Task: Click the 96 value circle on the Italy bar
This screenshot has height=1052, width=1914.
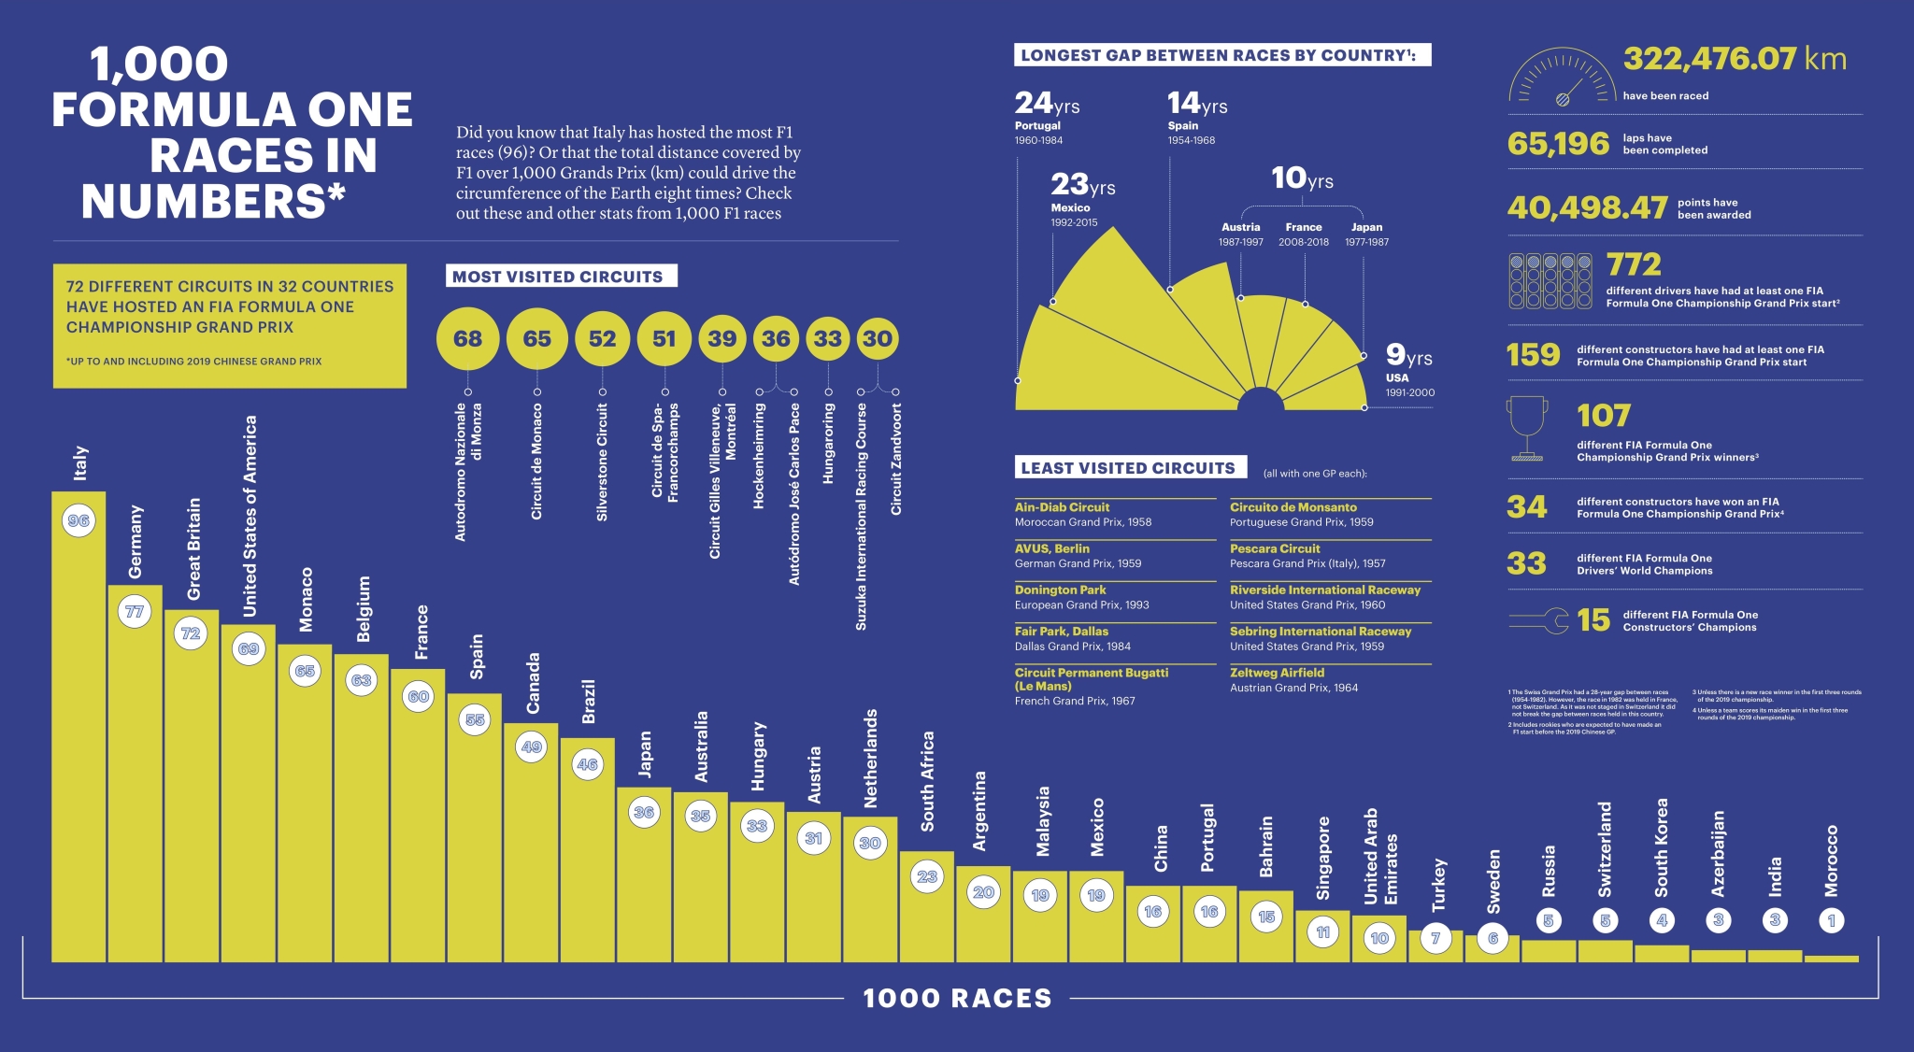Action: [79, 520]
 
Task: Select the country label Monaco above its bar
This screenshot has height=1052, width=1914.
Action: [306, 600]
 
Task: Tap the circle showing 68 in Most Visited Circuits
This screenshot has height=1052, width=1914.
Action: [467, 338]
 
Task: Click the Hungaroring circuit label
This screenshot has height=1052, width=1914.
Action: [828, 444]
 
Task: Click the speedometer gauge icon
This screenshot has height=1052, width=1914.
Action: [1561, 77]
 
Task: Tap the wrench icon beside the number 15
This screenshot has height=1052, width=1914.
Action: [1538, 620]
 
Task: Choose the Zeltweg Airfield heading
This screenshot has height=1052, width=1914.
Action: [1277, 673]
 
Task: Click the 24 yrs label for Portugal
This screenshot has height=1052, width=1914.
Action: [1047, 103]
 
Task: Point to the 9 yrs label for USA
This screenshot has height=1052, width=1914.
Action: [1407, 355]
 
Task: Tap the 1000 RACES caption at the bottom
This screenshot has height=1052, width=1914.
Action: [957, 998]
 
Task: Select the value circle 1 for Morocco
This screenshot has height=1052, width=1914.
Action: [1831, 920]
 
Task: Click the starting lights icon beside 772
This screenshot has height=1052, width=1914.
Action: [1550, 280]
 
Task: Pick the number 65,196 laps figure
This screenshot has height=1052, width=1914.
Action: [1558, 143]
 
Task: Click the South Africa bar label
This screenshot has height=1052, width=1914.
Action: [927, 781]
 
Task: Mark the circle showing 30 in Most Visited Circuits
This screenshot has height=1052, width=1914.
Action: [877, 338]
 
